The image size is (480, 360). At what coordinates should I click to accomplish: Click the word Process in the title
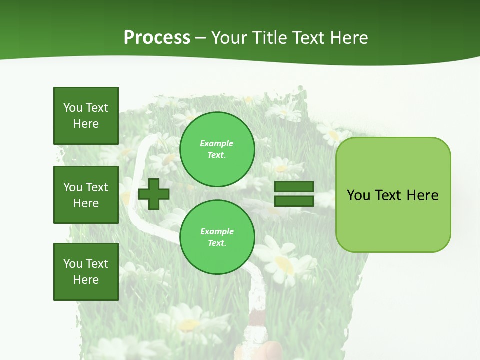tap(157, 37)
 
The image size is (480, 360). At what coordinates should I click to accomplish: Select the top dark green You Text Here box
tap(86, 116)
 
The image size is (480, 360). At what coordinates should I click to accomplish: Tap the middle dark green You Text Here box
tap(86, 195)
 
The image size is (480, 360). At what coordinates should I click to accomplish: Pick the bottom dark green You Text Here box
tap(86, 272)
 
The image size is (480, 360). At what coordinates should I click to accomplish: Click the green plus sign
tap(154, 194)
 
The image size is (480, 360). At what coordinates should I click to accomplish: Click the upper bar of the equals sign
tap(294, 187)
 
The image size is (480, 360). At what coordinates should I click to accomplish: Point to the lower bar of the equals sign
tap(294, 201)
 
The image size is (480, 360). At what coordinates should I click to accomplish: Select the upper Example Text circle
tap(217, 149)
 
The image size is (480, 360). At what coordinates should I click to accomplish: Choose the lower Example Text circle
tap(217, 237)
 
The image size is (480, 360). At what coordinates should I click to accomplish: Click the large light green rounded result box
tap(393, 194)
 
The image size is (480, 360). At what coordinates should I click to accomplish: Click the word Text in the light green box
tap(390, 195)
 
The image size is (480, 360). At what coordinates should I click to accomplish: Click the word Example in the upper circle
tap(217, 143)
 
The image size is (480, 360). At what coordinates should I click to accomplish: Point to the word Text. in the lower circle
tap(217, 243)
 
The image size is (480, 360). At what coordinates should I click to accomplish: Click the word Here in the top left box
tap(86, 124)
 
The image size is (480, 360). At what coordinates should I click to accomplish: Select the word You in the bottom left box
tap(73, 264)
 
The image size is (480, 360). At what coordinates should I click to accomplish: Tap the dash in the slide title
tap(201, 38)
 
